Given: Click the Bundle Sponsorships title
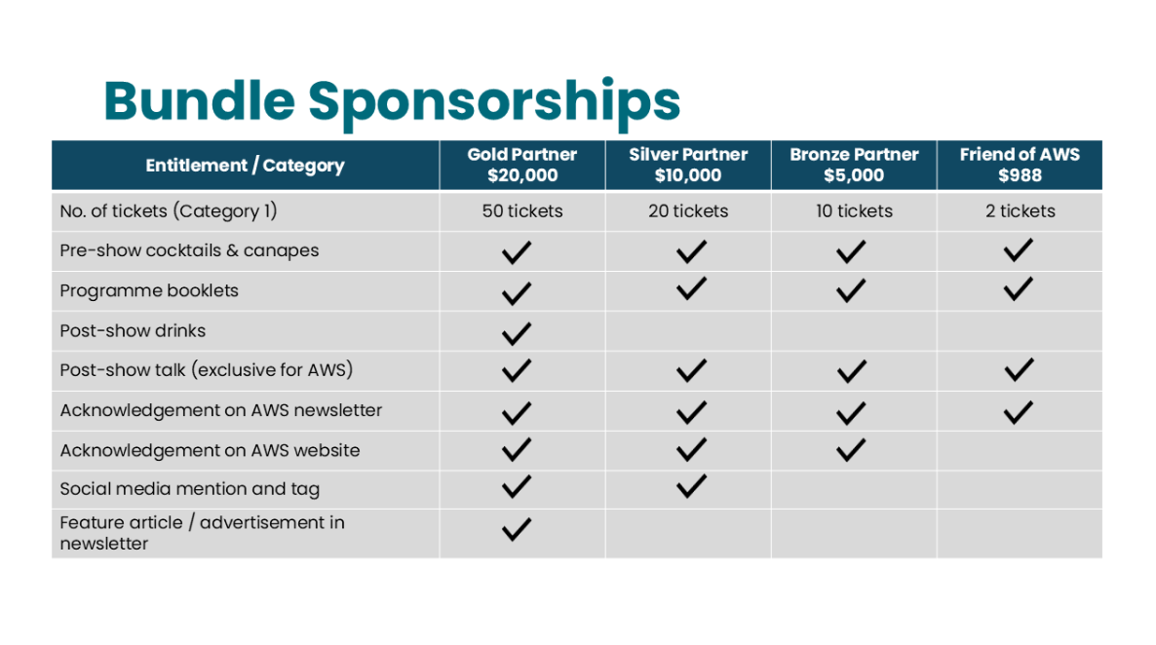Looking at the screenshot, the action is pyautogui.click(x=392, y=101).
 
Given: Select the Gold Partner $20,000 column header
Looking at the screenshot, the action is pyautogui.click(x=522, y=165).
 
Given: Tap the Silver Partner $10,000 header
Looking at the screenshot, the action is pyautogui.click(x=688, y=165).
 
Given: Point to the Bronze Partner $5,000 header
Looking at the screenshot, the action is pyautogui.click(x=854, y=165).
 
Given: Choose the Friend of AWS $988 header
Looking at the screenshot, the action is pyautogui.click(x=1020, y=165).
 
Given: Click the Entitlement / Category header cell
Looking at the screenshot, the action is pyautogui.click(x=245, y=166).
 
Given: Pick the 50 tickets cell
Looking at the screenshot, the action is pyautogui.click(x=522, y=210).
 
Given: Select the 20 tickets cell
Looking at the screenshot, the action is pyautogui.click(x=688, y=210).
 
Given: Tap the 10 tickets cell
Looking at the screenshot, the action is pyautogui.click(x=854, y=210).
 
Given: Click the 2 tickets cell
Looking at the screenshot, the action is pyautogui.click(x=1020, y=210).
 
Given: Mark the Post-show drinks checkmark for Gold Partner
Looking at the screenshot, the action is pyautogui.click(x=516, y=333).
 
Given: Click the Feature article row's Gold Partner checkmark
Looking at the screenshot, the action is pyautogui.click(x=516, y=529).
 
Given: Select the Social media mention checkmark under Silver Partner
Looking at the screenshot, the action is pyautogui.click(x=691, y=486).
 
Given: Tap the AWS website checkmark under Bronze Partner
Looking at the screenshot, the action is pyautogui.click(x=851, y=450).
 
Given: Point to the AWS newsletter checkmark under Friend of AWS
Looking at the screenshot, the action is pyautogui.click(x=1019, y=412).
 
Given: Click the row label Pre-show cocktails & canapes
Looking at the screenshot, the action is pyautogui.click(x=189, y=250).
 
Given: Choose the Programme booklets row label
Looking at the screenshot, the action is pyautogui.click(x=149, y=290).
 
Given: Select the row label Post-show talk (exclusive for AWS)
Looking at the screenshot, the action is pyautogui.click(x=207, y=370).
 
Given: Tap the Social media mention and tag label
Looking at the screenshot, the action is pyautogui.click(x=189, y=489).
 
